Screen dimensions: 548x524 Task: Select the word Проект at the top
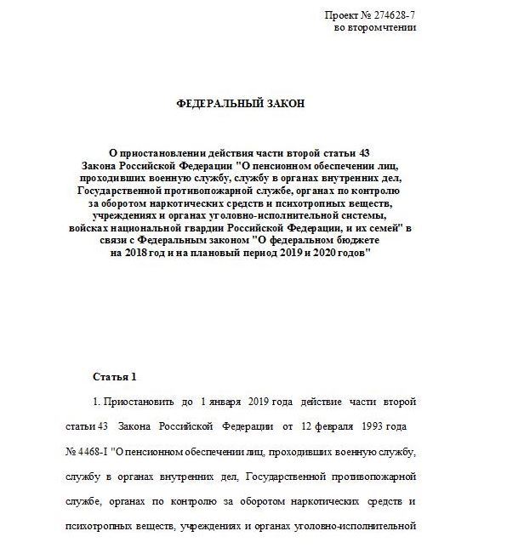[x=342, y=16]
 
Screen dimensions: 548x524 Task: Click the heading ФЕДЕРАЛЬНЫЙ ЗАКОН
[x=239, y=103]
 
